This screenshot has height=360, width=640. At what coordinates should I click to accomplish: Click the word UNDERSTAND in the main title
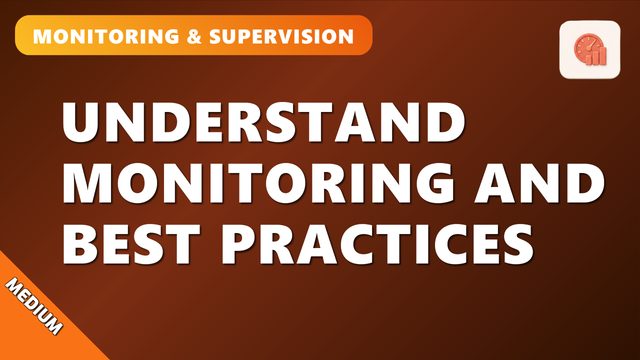[263, 122]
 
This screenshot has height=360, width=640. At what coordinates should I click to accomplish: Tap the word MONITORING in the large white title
[258, 183]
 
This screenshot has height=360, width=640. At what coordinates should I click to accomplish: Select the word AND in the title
[539, 183]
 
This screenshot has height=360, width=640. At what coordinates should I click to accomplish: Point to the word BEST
[131, 244]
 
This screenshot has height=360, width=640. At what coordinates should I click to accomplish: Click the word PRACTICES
[377, 244]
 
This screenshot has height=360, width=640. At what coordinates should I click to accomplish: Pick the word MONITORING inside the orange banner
[106, 36]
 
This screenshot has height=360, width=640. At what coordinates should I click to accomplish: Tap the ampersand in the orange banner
[194, 36]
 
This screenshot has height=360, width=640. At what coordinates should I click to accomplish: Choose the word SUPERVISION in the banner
[282, 36]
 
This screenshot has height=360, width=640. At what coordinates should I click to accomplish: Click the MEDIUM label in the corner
[34, 306]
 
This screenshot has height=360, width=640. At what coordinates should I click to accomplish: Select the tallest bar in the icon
[603, 56]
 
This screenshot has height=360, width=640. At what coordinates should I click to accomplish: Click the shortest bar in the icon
[589, 60]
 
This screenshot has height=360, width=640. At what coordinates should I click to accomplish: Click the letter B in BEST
[80, 244]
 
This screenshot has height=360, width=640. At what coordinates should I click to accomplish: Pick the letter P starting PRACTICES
[239, 244]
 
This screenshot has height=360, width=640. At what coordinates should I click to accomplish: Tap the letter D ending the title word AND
[587, 183]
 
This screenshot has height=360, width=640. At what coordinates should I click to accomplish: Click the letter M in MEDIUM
[15, 287]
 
